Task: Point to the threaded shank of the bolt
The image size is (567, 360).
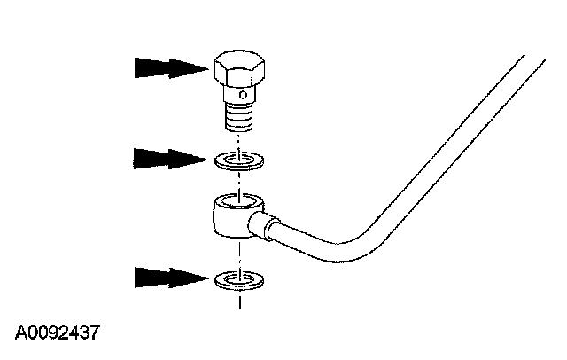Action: tap(239, 115)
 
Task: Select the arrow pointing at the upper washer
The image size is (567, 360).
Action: tap(168, 160)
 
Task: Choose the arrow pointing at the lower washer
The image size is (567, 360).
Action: tap(168, 277)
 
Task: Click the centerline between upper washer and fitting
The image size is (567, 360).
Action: tap(240, 179)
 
